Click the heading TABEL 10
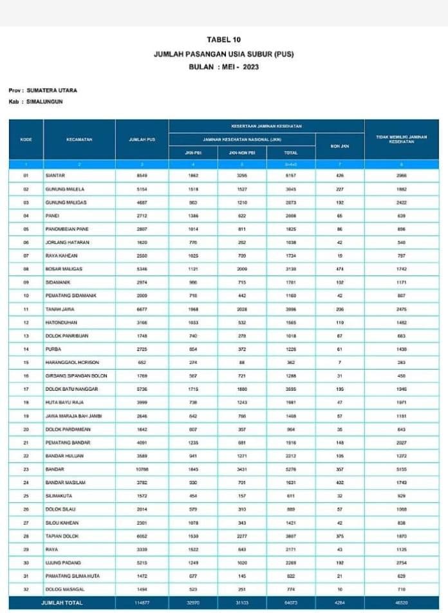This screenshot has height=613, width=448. click(x=223, y=40)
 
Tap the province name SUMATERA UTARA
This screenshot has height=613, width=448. click(x=51, y=91)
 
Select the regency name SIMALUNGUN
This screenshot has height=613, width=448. click(x=45, y=102)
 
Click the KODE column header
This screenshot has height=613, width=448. click(x=26, y=139)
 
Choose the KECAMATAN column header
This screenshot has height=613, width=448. click(x=79, y=139)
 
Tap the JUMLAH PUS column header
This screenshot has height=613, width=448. click(x=142, y=139)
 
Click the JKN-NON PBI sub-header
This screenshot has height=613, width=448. click(x=243, y=153)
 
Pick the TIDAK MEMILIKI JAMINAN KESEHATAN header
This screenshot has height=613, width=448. click(x=401, y=139)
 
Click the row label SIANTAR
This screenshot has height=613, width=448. click(x=55, y=175)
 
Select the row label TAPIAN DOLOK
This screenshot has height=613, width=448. click(x=62, y=536)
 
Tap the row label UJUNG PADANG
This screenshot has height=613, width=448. click(x=62, y=563)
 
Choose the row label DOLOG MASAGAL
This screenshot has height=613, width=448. click(x=64, y=589)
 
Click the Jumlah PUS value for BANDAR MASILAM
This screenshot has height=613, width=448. click(x=142, y=482)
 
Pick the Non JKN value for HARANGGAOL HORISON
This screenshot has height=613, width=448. click(x=340, y=362)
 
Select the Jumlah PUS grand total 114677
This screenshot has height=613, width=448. click(x=142, y=603)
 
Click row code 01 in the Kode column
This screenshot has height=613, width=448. click(x=26, y=175)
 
